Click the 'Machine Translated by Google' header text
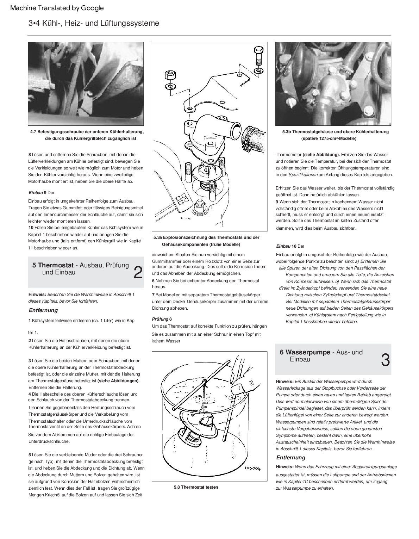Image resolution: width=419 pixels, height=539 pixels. pyautogui.click(x=57, y=8)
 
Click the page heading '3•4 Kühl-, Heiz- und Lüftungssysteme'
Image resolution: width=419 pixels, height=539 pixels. pyautogui.click(x=94, y=23)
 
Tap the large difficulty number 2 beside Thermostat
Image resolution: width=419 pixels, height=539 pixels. pyautogui.click(x=138, y=273)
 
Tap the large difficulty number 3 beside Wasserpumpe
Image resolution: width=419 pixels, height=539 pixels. pyautogui.click(x=385, y=360)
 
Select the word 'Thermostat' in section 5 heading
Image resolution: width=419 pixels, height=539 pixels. pyautogui.click(x=56, y=265)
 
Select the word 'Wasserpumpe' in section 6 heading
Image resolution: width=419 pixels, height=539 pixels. pyautogui.click(x=308, y=352)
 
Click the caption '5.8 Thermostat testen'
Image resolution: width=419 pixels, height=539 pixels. pyautogui.click(x=196, y=487)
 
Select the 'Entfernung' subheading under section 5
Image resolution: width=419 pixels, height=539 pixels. pyautogui.click(x=43, y=310)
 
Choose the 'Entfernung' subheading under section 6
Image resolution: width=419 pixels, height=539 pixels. pyautogui.click(x=290, y=458)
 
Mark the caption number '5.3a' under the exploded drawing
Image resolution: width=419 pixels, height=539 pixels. pyautogui.click(x=158, y=237)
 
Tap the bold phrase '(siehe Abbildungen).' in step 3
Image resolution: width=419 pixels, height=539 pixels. pyautogui.click(x=118, y=381)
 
